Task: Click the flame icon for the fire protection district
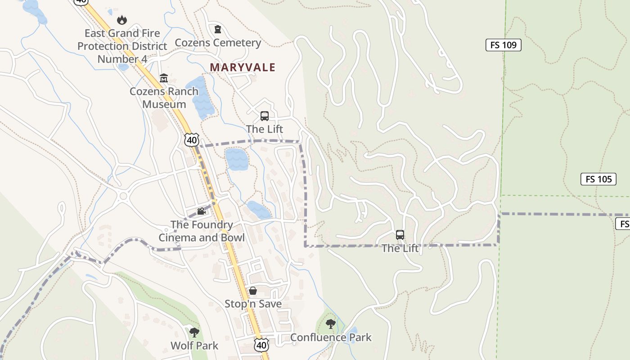[122, 20]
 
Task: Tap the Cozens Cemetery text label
[218, 43]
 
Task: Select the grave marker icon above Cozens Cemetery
[218, 30]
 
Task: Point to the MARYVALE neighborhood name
[243, 67]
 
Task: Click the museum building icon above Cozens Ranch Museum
[164, 78]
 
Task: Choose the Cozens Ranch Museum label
[164, 98]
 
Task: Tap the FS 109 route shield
[503, 45]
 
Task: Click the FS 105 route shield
[598, 179]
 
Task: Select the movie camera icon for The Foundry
[201, 211]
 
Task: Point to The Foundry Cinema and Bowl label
[202, 231]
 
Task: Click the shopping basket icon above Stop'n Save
[253, 291]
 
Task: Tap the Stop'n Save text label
[253, 304]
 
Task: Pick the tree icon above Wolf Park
[194, 333]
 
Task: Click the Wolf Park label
[194, 346]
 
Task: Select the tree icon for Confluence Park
[331, 324]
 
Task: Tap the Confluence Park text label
[331, 337]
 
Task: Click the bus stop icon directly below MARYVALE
[265, 116]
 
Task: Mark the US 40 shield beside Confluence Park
[261, 345]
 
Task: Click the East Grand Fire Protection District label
[122, 46]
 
